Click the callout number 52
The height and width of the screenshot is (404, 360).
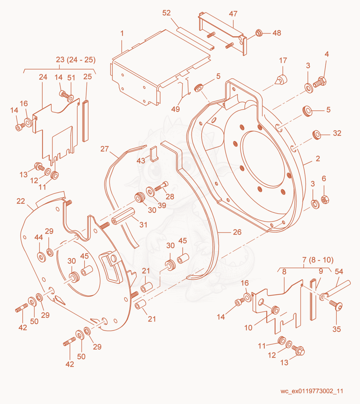pos(166,13)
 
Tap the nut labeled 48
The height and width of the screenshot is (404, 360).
pos(259,33)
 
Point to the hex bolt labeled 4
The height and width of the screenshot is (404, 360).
pos(320,82)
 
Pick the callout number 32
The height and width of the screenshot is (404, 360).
pos(337,133)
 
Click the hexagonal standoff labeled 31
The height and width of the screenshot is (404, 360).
pos(123,216)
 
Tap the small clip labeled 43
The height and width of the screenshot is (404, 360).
pos(154,154)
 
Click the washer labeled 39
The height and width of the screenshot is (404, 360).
pos(150,192)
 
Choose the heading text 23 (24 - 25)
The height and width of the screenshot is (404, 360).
pos(76,60)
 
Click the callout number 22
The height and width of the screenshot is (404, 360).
pos(21,201)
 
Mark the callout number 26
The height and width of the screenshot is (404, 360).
pos(237,232)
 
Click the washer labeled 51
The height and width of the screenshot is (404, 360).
pos(70,98)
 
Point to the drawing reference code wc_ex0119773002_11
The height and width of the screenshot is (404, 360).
pos(312,391)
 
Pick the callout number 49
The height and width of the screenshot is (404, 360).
pos(175,109)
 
